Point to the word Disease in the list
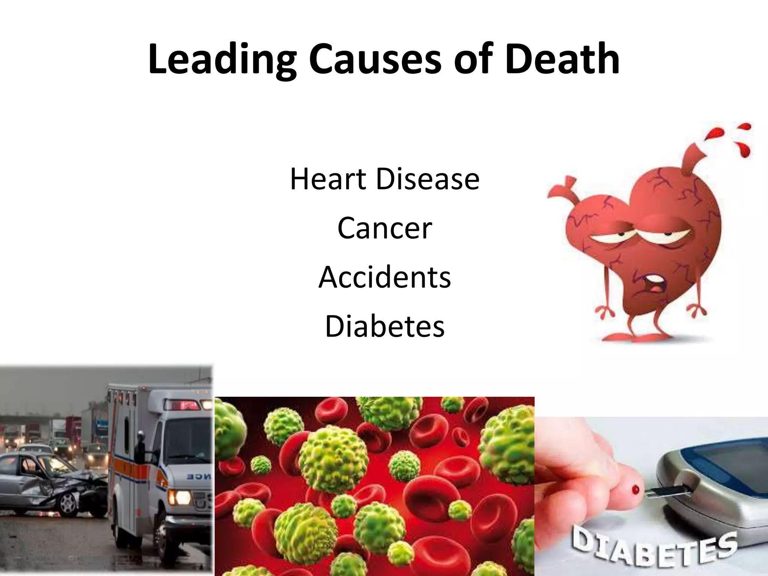coord(427,179)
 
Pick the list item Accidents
coord(384,277)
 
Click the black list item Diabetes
coord(384,326)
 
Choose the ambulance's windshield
coord(187,439)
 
